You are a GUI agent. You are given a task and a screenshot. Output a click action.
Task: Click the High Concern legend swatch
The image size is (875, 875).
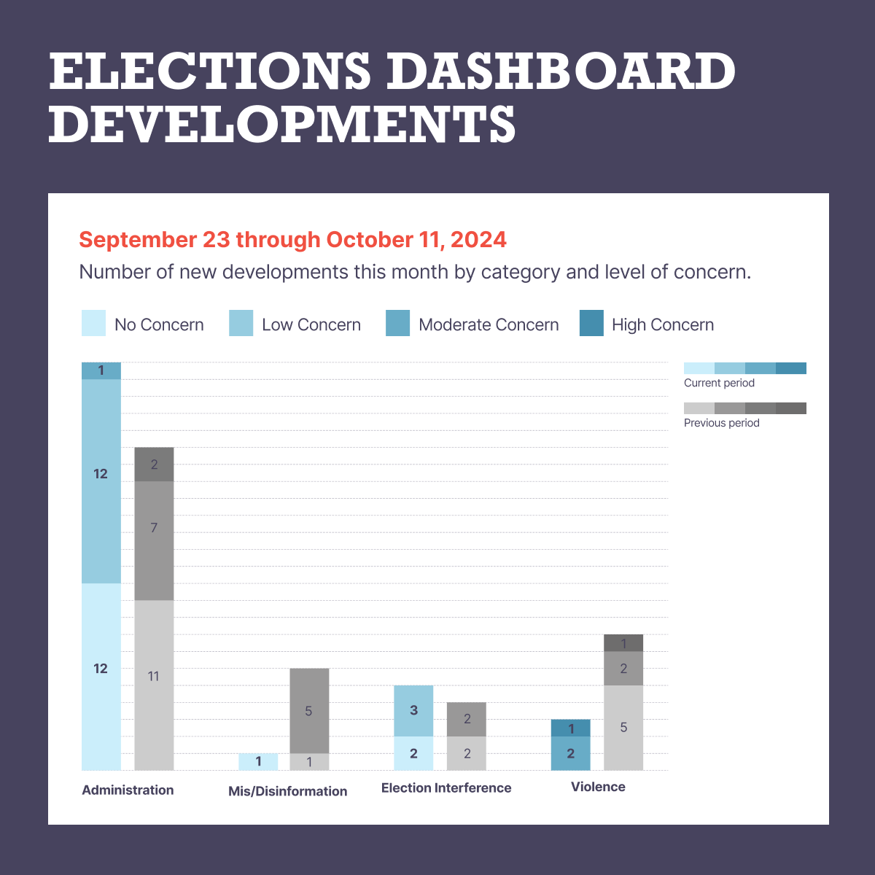591,323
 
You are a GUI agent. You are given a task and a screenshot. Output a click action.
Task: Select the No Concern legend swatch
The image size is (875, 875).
94,323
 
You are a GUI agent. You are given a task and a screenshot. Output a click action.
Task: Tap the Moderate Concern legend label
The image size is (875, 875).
489,325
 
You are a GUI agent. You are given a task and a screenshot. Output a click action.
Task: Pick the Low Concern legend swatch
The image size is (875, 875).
241,323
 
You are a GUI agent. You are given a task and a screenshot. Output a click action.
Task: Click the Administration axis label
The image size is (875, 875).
128,790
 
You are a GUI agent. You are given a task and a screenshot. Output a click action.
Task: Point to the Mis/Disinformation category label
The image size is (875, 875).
287,791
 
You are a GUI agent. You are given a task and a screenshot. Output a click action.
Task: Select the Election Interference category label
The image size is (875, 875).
446,787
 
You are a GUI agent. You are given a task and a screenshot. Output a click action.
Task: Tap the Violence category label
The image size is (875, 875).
598,787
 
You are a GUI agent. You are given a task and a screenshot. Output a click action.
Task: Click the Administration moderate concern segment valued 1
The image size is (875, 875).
101,370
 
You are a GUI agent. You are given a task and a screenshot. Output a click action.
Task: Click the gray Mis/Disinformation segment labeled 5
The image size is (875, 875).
309,710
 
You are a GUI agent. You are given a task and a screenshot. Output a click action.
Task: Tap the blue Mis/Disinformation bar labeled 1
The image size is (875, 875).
258,761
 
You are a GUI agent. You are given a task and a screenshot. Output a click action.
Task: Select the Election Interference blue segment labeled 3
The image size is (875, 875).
413,710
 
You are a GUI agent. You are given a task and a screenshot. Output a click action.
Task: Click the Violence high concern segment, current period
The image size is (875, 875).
570,728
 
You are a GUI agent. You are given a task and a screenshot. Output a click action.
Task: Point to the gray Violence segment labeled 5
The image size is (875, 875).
623,727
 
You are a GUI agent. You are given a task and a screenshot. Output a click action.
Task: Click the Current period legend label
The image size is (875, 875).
719,383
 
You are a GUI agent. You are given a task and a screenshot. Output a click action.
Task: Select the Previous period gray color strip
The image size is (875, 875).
744,408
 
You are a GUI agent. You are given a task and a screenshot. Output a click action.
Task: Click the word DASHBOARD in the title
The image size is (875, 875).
560,71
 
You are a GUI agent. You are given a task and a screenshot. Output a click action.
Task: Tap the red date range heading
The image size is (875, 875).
292,239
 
